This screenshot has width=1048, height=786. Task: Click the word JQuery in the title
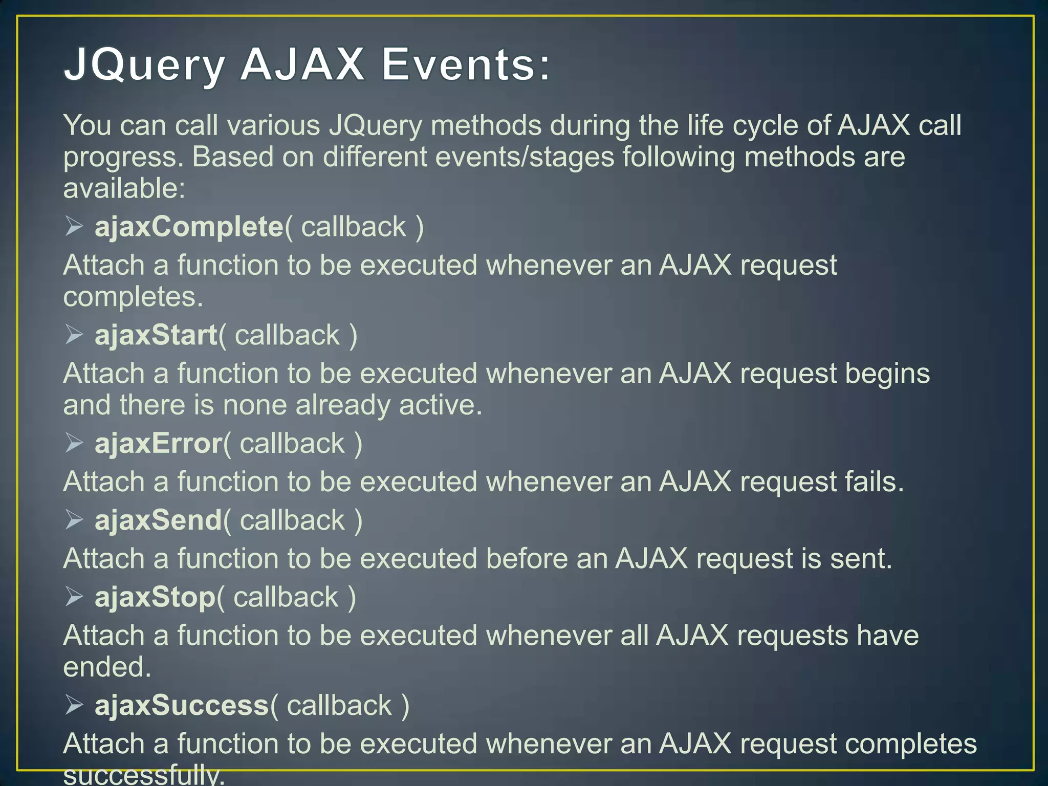tap(144, 65)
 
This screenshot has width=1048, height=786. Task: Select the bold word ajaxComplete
tap(189, 227)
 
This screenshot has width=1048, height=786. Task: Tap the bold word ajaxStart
tap(156, 335)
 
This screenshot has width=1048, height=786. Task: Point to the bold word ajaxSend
tap(158, 520)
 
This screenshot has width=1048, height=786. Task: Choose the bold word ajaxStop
tap(155, 598)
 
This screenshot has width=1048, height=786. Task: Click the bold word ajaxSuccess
tap(182, 706)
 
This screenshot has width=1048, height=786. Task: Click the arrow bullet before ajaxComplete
tap(74, 226)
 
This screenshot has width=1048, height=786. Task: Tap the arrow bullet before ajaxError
tap(74, 443)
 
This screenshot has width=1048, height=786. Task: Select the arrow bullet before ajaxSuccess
tap(74, 705)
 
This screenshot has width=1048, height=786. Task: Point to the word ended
tap(107, 667)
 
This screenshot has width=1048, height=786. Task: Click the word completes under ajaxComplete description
tap(133, 297)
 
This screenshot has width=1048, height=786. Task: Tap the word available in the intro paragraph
tap(123, 188)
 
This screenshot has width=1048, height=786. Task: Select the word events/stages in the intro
tap(524, 157)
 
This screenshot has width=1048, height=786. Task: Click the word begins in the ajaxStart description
tap(887, 374)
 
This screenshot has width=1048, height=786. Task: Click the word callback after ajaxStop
tap(286, 598)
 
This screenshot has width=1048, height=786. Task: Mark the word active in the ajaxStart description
tap(440, 405)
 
